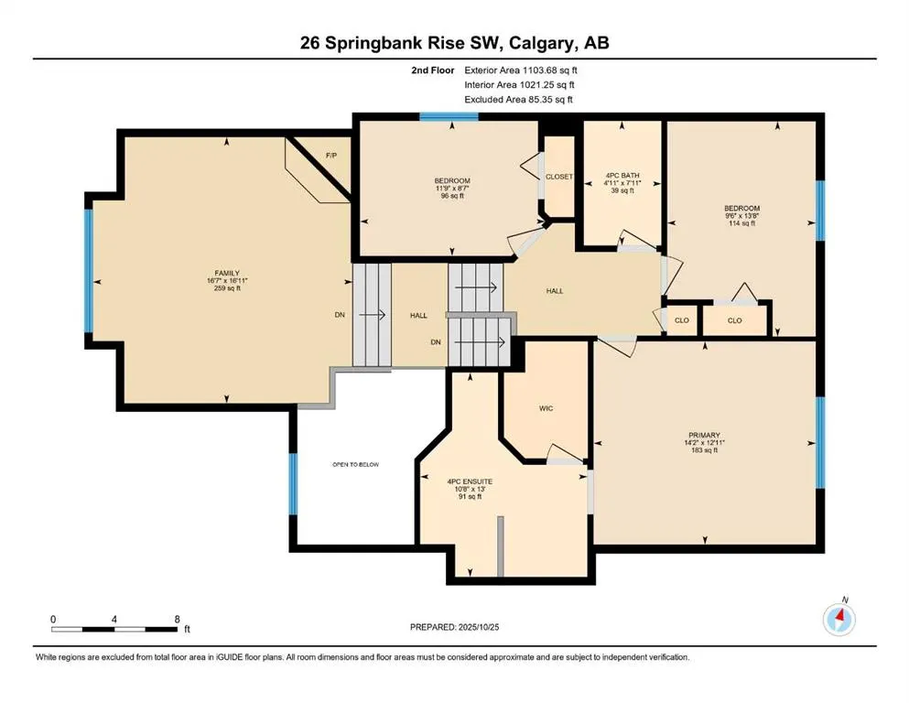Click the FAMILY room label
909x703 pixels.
tap(227, 273)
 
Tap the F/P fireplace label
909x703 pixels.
tap(331, 156)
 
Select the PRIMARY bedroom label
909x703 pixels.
tap(705, 435)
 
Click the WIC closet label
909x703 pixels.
tap(546, 408)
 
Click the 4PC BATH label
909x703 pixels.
tap(622, 175)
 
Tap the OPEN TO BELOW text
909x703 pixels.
tap(355, 464)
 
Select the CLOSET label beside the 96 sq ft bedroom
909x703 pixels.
tap(558, 177)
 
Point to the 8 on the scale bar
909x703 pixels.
tap(177, 620)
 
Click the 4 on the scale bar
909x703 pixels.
tap(114, 620)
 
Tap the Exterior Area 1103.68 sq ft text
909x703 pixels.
tap(522, 69)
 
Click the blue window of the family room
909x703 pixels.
tap(89, 271)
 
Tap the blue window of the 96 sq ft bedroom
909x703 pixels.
tap(439, 116)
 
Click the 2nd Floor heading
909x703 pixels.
tap(434, 69)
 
